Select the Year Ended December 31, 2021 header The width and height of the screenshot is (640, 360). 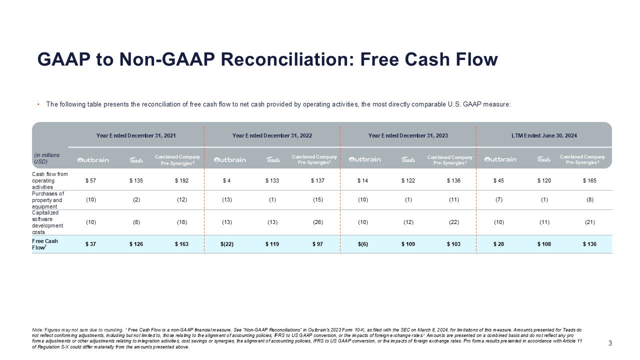[136, 135]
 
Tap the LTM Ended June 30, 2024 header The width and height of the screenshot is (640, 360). [544, 135]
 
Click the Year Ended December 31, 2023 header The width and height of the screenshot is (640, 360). [408, 135]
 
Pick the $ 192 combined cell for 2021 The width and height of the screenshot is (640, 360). [181, 180]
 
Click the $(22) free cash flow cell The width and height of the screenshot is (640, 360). [227, 244]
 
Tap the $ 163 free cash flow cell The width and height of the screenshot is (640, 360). [181, 244]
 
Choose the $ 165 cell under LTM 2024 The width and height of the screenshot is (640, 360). [589, 180]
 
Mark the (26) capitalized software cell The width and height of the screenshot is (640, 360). [317, 222]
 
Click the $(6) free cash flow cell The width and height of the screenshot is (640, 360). [362, 244]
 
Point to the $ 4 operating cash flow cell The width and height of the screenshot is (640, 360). [226, 180]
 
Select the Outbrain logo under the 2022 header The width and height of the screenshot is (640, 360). [230, 160]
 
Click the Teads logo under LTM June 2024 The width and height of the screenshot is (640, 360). [543, 160]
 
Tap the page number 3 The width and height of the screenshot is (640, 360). [610, 343]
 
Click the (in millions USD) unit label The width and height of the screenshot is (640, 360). [47, 158]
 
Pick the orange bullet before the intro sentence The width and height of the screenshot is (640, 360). [38, 104]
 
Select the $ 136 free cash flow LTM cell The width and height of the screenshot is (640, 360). [589, 244]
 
